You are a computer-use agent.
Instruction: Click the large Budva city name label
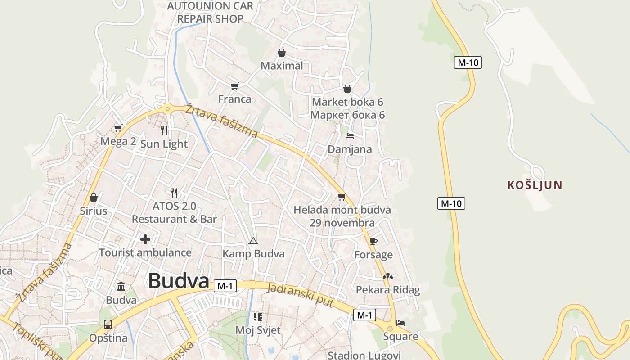click(179, 281)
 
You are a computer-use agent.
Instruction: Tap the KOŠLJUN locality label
click(535, 185)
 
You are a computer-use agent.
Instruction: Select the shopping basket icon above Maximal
click(282, 53)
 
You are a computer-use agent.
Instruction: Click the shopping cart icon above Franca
click(234, 86)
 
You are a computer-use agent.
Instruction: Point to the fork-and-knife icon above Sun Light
click(164, 130)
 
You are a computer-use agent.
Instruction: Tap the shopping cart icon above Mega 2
click(118, 128)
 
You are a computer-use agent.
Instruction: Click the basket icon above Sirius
click(94, 198)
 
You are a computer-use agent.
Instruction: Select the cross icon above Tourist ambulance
click(145, 239)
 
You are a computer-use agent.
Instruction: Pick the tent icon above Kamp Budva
click(253, 241)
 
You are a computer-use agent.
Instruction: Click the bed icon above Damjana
click(350, 136)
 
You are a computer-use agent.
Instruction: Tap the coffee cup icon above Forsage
click(373, 241)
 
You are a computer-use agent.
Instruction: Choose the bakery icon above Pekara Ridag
click(388, 276)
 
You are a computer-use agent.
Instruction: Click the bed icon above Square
click(400, 323)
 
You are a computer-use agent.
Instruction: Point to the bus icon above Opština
click(108, 324)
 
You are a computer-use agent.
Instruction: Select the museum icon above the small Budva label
click(121, 287)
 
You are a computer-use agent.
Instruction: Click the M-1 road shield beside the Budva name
click(225, 286)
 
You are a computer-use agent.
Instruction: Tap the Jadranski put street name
click(300, 295)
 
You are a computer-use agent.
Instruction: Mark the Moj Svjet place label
click(258, 330)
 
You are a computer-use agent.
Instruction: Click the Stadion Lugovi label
click(364, 355)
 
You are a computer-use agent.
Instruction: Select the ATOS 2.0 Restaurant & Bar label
click(174, 213)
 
